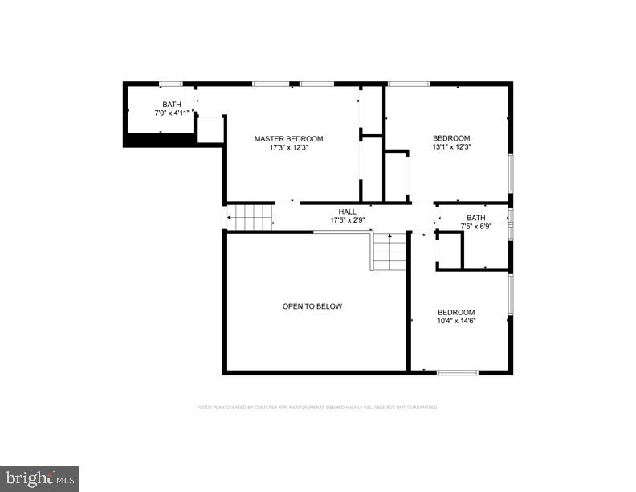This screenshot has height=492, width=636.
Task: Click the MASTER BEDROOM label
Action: (x=288, y=139)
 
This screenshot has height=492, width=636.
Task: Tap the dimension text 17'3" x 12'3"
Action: (x=288, y=148)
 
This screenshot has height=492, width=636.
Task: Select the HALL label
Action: (x=347, y=211)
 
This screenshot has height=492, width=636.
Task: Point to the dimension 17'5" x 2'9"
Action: (x=347, y=220)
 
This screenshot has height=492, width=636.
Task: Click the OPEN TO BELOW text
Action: (x=312, y=306)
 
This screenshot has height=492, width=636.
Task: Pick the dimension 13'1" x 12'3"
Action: (x=450, y=147)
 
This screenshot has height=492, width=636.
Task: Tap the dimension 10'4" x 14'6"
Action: (x=455, y=322)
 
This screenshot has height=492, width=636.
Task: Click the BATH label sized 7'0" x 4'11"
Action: (x=172, y=105)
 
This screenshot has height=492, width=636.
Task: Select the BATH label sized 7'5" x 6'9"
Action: (x=476, y=218)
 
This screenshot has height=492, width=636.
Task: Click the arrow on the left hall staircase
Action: (x=229, y=218)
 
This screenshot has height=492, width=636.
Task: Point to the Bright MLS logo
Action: (x=39, y=478)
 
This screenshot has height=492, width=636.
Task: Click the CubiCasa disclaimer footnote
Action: (x=317, y=408)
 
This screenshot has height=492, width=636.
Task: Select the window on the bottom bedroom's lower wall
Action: (x=458, y=372)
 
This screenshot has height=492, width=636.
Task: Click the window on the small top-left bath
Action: (x=170, y=84)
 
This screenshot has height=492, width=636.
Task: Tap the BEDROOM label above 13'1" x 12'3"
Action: (x=450, y=138)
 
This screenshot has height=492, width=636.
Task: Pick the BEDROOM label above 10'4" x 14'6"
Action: (x=455, y=313)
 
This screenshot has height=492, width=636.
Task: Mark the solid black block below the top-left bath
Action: (x=158, y=141)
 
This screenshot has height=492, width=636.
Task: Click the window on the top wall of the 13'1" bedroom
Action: (x=409, y=84)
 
